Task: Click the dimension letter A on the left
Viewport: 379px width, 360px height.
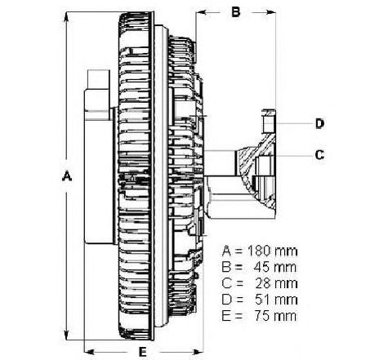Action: [x=67, y=176]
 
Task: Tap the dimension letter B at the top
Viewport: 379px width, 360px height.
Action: [x=236, y=12]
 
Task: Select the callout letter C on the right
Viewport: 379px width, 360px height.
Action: [x=319, y=155]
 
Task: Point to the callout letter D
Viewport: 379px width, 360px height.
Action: [x=320, y=123]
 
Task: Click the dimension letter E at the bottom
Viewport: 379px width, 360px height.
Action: [x=142, y=352]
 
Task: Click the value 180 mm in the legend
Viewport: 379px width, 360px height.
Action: [x=272, y=251]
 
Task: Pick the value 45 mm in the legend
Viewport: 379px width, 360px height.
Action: [x=275, y=267]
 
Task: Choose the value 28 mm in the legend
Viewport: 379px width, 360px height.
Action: [x=276, y=283]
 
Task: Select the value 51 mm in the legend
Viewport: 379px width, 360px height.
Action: [x=276, y=300]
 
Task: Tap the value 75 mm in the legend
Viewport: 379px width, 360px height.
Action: [x=275, y=316]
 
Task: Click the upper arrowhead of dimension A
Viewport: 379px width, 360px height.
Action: [x=66, y=18]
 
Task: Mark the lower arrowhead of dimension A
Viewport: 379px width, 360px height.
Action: [x=66, y=334]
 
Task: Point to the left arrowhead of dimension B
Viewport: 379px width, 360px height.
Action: [x=202, y=12]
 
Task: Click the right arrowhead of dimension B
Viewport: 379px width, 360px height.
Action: [x=270, y=12]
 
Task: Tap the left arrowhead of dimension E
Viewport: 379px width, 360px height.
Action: [x=90, y=352]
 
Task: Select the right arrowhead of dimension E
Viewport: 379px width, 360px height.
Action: [x=198, y=352]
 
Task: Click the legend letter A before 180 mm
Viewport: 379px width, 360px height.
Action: [x=226, y=251]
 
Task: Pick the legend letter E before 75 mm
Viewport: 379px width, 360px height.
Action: [x=226, y=316]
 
